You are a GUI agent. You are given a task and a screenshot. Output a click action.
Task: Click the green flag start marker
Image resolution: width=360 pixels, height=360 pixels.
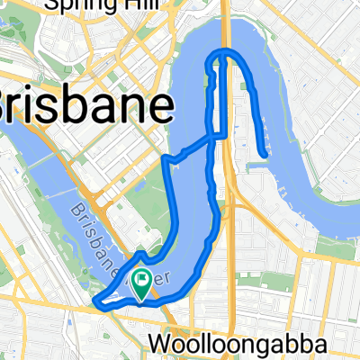pos(141,285)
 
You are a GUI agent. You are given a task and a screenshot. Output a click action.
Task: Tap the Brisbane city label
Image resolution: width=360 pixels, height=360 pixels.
pos(85,108)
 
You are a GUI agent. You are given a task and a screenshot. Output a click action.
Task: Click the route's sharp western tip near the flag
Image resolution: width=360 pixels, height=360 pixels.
pos(94,303)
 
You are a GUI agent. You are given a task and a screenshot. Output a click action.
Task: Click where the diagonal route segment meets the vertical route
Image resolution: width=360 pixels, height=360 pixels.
pos(213,137)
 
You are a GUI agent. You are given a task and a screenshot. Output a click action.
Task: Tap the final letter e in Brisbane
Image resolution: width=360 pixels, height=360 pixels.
pos(162,108)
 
